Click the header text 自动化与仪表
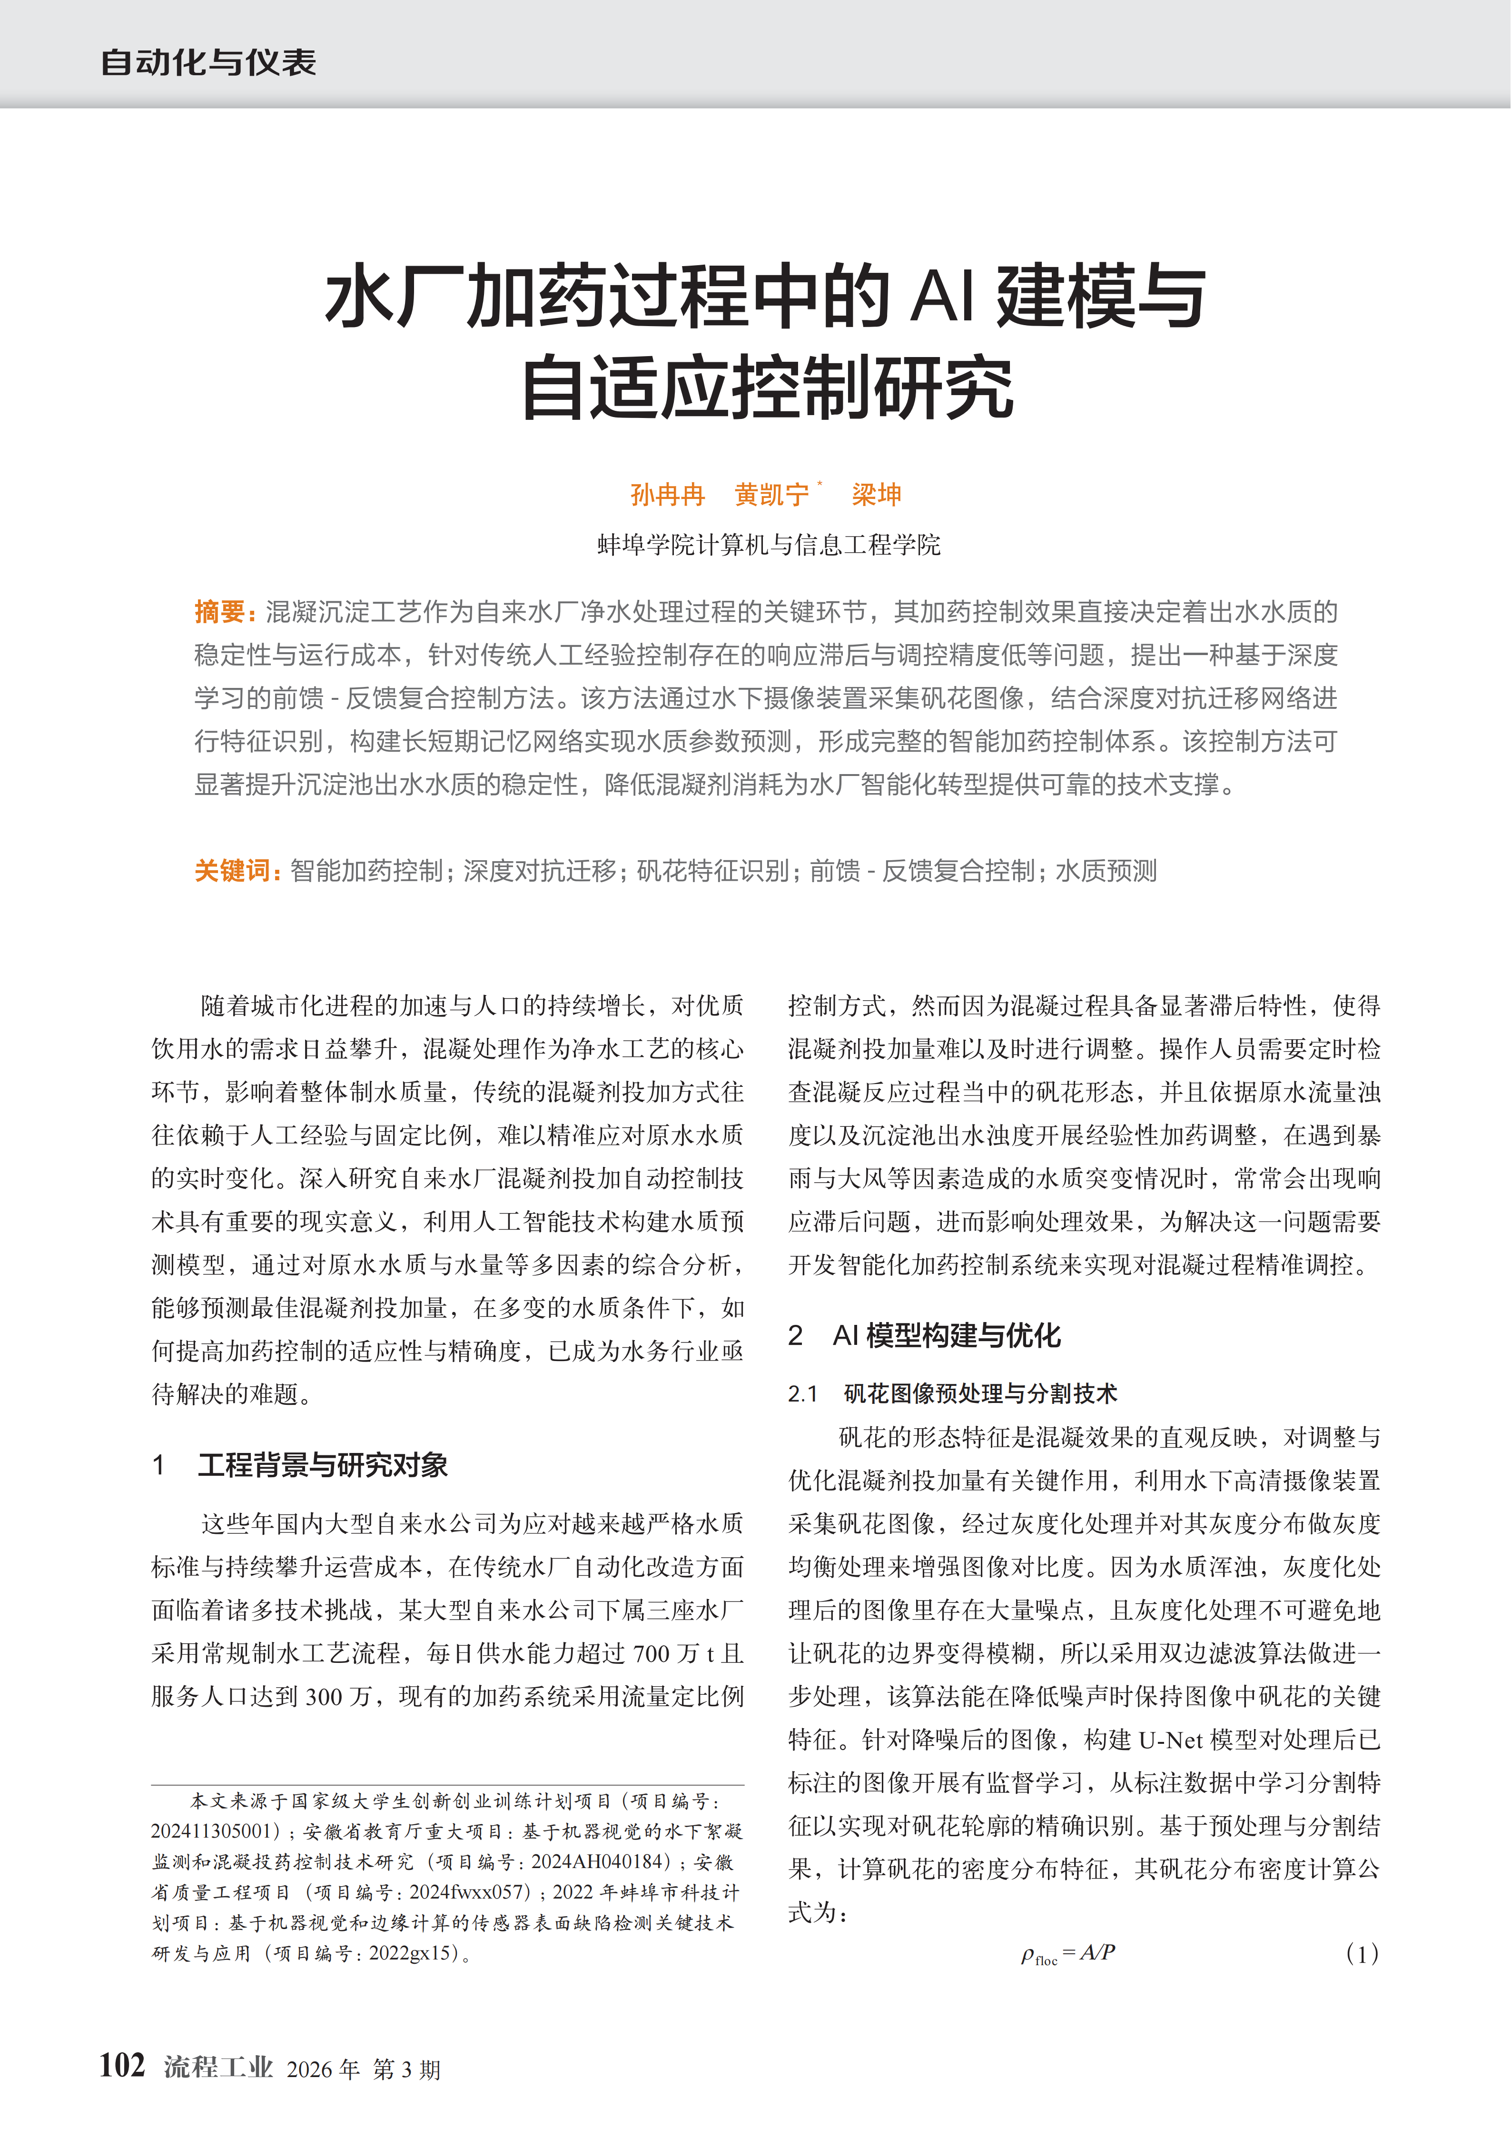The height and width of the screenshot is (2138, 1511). [x=208, y=62]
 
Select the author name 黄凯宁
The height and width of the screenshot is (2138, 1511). [x=772, y=495]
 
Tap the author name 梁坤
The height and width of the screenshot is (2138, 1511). [x=876, y=495]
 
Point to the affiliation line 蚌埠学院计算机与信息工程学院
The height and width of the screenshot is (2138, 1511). [x=769, y=545]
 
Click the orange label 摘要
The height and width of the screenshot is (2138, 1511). [x=220, y=612]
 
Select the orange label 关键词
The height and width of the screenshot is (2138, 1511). [x=233, y=871]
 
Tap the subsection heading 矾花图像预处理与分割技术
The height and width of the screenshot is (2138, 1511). [x=979, y=1393]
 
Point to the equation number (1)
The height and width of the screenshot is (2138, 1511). [x=1362, y=1954]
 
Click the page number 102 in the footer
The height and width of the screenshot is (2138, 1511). [x=122, y=2065]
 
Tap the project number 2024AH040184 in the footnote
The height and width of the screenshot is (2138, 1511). [x=601, y=1861]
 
